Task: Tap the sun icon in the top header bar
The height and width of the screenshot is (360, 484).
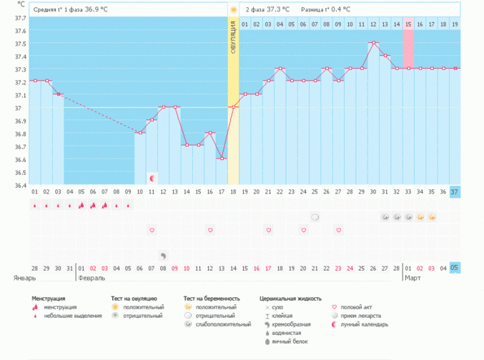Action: coord(233,9)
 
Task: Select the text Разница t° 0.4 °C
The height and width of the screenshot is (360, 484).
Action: coord(327,9)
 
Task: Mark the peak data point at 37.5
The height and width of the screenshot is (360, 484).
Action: coord(373,43)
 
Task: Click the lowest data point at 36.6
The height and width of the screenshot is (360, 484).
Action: coord(221,158)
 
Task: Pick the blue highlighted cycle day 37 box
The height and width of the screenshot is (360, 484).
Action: coord(455,191)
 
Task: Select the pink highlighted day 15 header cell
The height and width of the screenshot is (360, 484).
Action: coord(408,24)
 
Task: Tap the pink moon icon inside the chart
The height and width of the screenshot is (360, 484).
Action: coord(152,176)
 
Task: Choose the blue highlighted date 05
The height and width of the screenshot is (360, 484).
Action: coord(455,267)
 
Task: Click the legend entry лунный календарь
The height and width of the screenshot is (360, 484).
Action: coord(365,324)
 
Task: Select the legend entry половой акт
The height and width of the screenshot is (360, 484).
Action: coord(355,307)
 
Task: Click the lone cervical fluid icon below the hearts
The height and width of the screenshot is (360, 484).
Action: coord(163,255)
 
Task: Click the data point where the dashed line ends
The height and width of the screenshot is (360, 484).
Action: coord(140,133)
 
